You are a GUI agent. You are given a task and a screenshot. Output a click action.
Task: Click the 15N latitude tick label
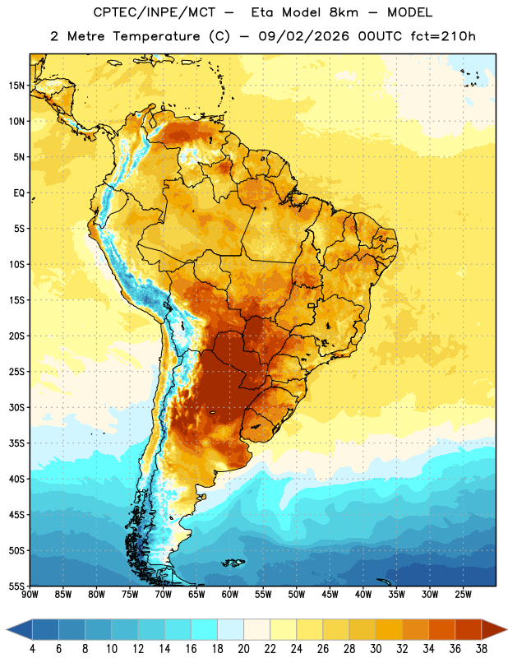tap(16, 86)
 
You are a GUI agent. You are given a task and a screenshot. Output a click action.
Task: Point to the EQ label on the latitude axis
tap(19, 193)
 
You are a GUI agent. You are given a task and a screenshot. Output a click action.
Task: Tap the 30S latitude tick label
tap(16, 407)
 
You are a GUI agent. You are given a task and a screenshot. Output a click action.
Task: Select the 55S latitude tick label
tap(16, 586)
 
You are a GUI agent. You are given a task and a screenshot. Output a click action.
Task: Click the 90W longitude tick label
tap(30, 595)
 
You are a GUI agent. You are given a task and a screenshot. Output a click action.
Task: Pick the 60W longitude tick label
tap(230, 595)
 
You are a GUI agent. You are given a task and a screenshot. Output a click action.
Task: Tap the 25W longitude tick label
tap(463, 595)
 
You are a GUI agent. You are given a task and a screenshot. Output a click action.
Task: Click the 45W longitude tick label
tap(330, 595)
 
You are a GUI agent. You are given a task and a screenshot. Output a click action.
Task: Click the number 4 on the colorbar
tap(32, 649)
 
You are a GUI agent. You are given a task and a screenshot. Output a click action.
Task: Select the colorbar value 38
tap(482, 649)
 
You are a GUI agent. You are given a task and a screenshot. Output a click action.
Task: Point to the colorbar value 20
tap(243, 649)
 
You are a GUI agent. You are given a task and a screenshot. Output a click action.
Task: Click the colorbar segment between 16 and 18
tap(205, 630)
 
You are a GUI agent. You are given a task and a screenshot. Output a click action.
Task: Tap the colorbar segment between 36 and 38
tap(469, 630)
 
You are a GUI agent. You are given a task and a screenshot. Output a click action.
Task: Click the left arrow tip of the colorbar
tap(7, 630)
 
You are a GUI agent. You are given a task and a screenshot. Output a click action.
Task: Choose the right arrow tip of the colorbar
tap(506, 630)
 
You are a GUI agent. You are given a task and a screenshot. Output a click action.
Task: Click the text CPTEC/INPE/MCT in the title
tap(155, 12)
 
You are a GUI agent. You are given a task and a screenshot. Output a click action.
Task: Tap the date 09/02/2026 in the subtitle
tap(303, 36)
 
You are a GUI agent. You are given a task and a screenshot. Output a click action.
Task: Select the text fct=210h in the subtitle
tap(443, 36)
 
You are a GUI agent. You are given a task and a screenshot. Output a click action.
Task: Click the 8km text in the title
tap(344, 12)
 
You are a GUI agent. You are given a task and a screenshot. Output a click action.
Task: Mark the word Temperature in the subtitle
tap(156, 37)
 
